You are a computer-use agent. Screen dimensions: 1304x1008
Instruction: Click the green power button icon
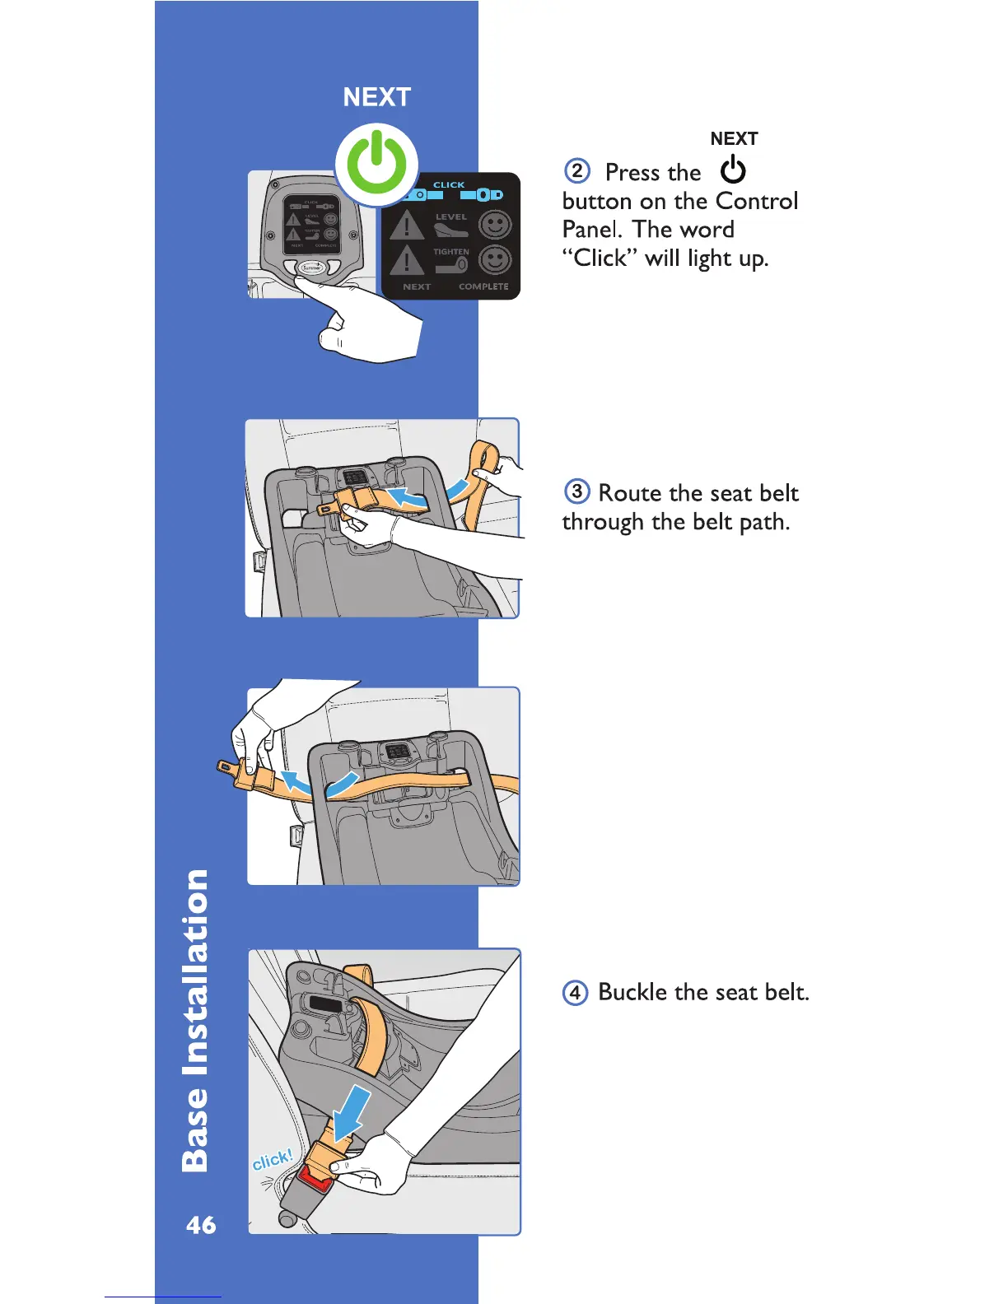376,165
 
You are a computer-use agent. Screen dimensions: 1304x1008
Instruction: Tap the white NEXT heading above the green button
376,97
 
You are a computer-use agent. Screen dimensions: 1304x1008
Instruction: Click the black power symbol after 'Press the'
733,171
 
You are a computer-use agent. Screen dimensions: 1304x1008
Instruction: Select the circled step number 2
577,171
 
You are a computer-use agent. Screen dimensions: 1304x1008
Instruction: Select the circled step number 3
576,491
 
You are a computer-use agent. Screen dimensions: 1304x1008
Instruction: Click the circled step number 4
575,992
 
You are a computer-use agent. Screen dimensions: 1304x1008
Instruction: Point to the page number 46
201,1225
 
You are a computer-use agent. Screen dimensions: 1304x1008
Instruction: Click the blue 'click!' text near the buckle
272,1160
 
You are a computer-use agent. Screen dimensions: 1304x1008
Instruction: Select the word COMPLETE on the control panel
483,286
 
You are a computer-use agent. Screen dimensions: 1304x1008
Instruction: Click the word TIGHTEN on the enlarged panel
451,252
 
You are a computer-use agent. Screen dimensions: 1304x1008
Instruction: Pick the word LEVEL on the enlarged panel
451,217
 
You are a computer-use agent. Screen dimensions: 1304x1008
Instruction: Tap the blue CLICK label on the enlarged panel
449,184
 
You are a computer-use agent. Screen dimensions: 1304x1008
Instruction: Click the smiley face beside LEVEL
495,225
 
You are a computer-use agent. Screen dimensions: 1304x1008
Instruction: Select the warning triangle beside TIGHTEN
406,261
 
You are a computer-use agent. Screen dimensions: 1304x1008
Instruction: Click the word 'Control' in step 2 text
756,201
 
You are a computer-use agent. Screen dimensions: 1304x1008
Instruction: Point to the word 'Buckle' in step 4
632,992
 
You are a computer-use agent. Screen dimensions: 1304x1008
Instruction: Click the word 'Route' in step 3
630,492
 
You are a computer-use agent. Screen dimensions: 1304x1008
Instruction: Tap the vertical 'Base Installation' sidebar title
195,1021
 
